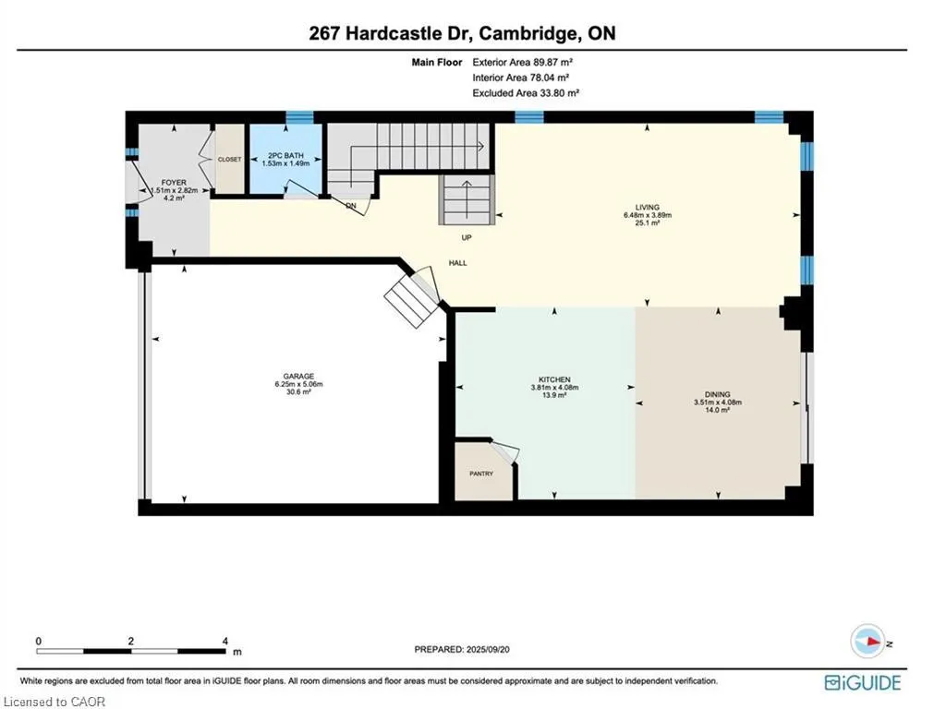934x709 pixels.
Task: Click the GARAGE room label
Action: [298, 376]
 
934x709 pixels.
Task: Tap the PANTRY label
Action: [481, 474]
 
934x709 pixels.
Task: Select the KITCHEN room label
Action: [554, 379]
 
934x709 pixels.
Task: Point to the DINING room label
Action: [718, 394]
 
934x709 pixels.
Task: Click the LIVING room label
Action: [647, 207]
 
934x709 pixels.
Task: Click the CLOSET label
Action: [229, 160]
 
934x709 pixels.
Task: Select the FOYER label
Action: [174, 183]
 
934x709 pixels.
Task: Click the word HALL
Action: [457, 263]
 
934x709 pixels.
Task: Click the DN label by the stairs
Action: [351, 206]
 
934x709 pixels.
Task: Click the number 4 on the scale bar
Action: [225, 641]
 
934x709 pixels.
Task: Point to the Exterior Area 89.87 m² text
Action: [528, 62]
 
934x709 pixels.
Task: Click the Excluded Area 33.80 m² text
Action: [526, 93]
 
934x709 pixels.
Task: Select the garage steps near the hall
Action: [408, 297]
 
